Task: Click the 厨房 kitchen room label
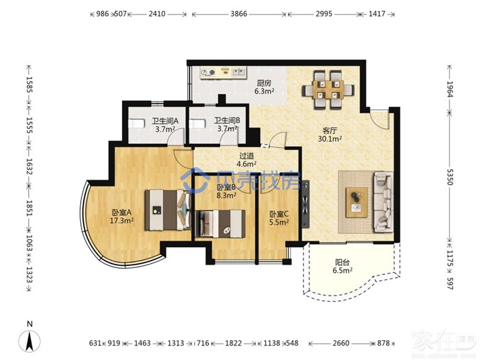[263, 83]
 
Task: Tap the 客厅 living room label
[330, 131]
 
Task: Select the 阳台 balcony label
[342, 263]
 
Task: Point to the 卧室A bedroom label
[121, 212]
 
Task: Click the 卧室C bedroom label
[279, 214]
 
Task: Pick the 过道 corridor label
[246, 156]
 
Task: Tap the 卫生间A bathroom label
[165, 121]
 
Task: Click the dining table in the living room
[328, 90]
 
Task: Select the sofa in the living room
[383, 202]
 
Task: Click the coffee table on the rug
[357, 203]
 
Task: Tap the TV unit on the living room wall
[306, 204]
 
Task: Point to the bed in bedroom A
[167, 210]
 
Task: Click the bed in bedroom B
[220, 224]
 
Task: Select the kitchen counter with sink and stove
[223, 73]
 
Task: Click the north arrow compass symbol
[29, 341]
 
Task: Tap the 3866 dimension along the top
[239, 14]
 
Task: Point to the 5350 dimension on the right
[449, 177]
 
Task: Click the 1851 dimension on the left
[29, 208]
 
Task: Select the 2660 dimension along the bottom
[341, 343]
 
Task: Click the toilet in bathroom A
[137, 123]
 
